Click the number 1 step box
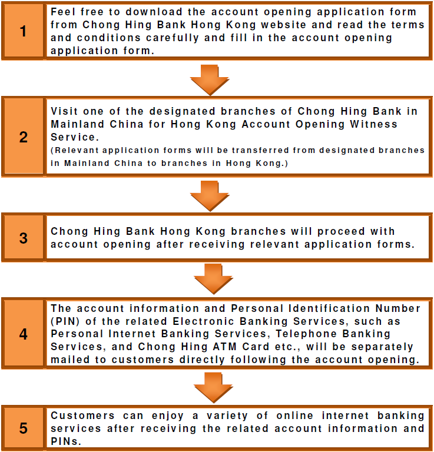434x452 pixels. [23, 31]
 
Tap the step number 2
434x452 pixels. [23, 137]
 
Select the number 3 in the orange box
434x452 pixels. [23, 238]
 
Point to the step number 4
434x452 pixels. [23, 334]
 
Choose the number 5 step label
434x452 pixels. [23, 428]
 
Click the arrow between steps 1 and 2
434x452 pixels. [210, 80]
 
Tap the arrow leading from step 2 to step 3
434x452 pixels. [210, 196]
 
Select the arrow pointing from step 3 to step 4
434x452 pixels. [213, 279]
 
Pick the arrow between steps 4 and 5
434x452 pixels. [213, 387]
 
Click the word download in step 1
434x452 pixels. [154, 12]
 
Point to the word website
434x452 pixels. [283, 25]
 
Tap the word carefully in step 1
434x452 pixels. [173, 38]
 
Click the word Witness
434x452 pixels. [374, 124]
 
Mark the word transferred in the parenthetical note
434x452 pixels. [260, 150]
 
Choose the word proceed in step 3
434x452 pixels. [341, 232]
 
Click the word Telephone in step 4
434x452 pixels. [306, 334]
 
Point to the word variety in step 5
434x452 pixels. [227, 416]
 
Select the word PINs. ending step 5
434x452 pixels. [66, 441]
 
